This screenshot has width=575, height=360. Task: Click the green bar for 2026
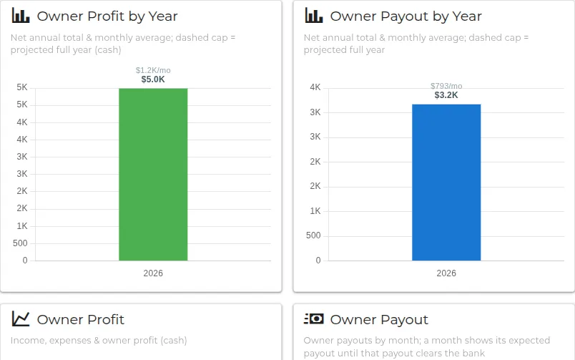coord(153,175)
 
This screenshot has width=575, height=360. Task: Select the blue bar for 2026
coord(446,183)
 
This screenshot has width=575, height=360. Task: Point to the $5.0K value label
coord(153,79)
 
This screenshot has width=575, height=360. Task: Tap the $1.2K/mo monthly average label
coord(153,70)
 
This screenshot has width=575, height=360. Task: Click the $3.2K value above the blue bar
coord(446,95)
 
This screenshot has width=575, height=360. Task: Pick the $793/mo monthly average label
coord(446,86)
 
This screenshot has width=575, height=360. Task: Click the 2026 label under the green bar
coord(153,273)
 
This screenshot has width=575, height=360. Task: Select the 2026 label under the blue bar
coord(446,273)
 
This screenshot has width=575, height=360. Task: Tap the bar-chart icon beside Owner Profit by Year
coord(21,16)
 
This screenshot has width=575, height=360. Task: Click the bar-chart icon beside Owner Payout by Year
coord(314,16)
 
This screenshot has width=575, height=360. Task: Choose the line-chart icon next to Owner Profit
coord(21,319)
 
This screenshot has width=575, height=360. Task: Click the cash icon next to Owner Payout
coord(314,319)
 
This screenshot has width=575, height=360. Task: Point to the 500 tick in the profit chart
coord(20,243)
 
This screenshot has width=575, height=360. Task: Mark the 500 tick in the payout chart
coord(313,235)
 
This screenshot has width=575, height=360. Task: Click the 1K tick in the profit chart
coord(22,226)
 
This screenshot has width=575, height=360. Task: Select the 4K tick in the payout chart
coord(315,87)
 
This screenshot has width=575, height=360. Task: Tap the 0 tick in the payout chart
coord(318,261)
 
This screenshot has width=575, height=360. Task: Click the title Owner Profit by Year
coord(107,16)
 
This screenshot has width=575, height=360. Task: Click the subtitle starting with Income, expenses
coord(99,341)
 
